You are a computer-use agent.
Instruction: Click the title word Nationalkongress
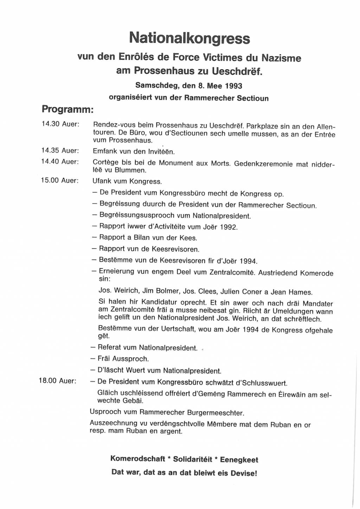(189, 38)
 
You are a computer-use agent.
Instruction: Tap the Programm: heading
(67, 109)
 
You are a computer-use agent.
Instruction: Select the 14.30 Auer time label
(60, 124)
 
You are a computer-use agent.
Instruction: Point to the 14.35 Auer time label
(60, 150)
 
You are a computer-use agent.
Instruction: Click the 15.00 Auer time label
(60, 180)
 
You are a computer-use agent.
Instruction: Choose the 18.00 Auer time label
(57, 381)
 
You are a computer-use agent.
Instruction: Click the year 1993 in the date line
(233, 86)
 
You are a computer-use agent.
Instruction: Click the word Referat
(110, 347)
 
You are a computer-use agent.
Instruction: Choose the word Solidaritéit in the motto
(193, 459)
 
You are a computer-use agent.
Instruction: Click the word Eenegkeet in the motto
(239, 460)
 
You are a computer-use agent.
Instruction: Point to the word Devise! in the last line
(244, 473)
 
